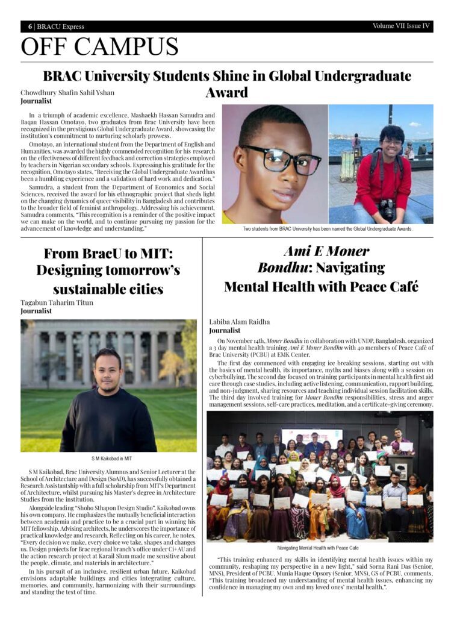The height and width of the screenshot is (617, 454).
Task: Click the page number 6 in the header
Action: pyautogui.click(x=30, y=27)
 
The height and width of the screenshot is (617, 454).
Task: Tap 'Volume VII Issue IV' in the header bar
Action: pyautogui.click(x=401, y=26)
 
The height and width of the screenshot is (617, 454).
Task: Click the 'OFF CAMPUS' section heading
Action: pyautogui.click(x=99, y=47)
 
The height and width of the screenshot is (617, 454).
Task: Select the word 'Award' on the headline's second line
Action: pyautogui.click(x=227, y=92)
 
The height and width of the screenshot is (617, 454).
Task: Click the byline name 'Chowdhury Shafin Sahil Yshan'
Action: pyautogui.click(x=67, y=93)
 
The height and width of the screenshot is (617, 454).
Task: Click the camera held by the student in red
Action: pyautogui.click(x=387, y=209)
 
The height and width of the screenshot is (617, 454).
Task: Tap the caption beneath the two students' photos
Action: pyautogui.click(x=328, y=229)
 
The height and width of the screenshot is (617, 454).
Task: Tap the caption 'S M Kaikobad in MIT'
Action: pyautogui.click(x=108, y=459)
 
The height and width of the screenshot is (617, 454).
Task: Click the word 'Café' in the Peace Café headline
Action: pyautogui.click(x=399, y=286)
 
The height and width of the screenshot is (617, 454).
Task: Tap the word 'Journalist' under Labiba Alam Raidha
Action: pyautogui.click(x=225, y=330)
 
